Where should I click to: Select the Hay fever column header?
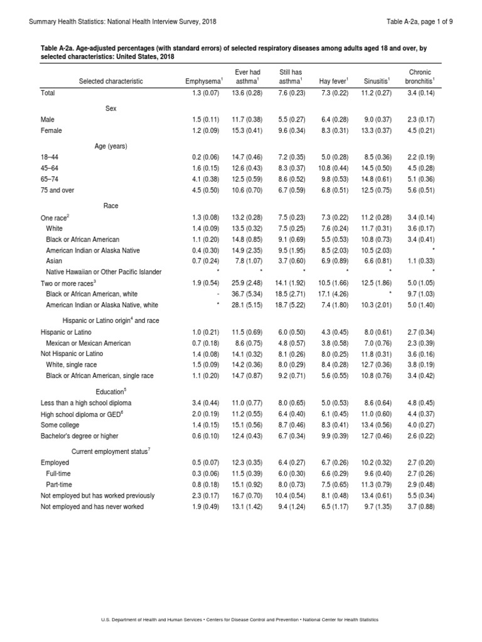tap(334, 81)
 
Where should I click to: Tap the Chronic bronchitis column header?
tap(420, 77)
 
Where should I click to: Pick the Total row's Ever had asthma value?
tap(246, 93)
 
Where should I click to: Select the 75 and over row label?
tap(57, 189)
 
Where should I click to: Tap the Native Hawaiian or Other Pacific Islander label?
tap(104, 271)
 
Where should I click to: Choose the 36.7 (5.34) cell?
tap(246, 293)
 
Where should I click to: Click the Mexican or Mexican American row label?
tap(88, 343)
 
